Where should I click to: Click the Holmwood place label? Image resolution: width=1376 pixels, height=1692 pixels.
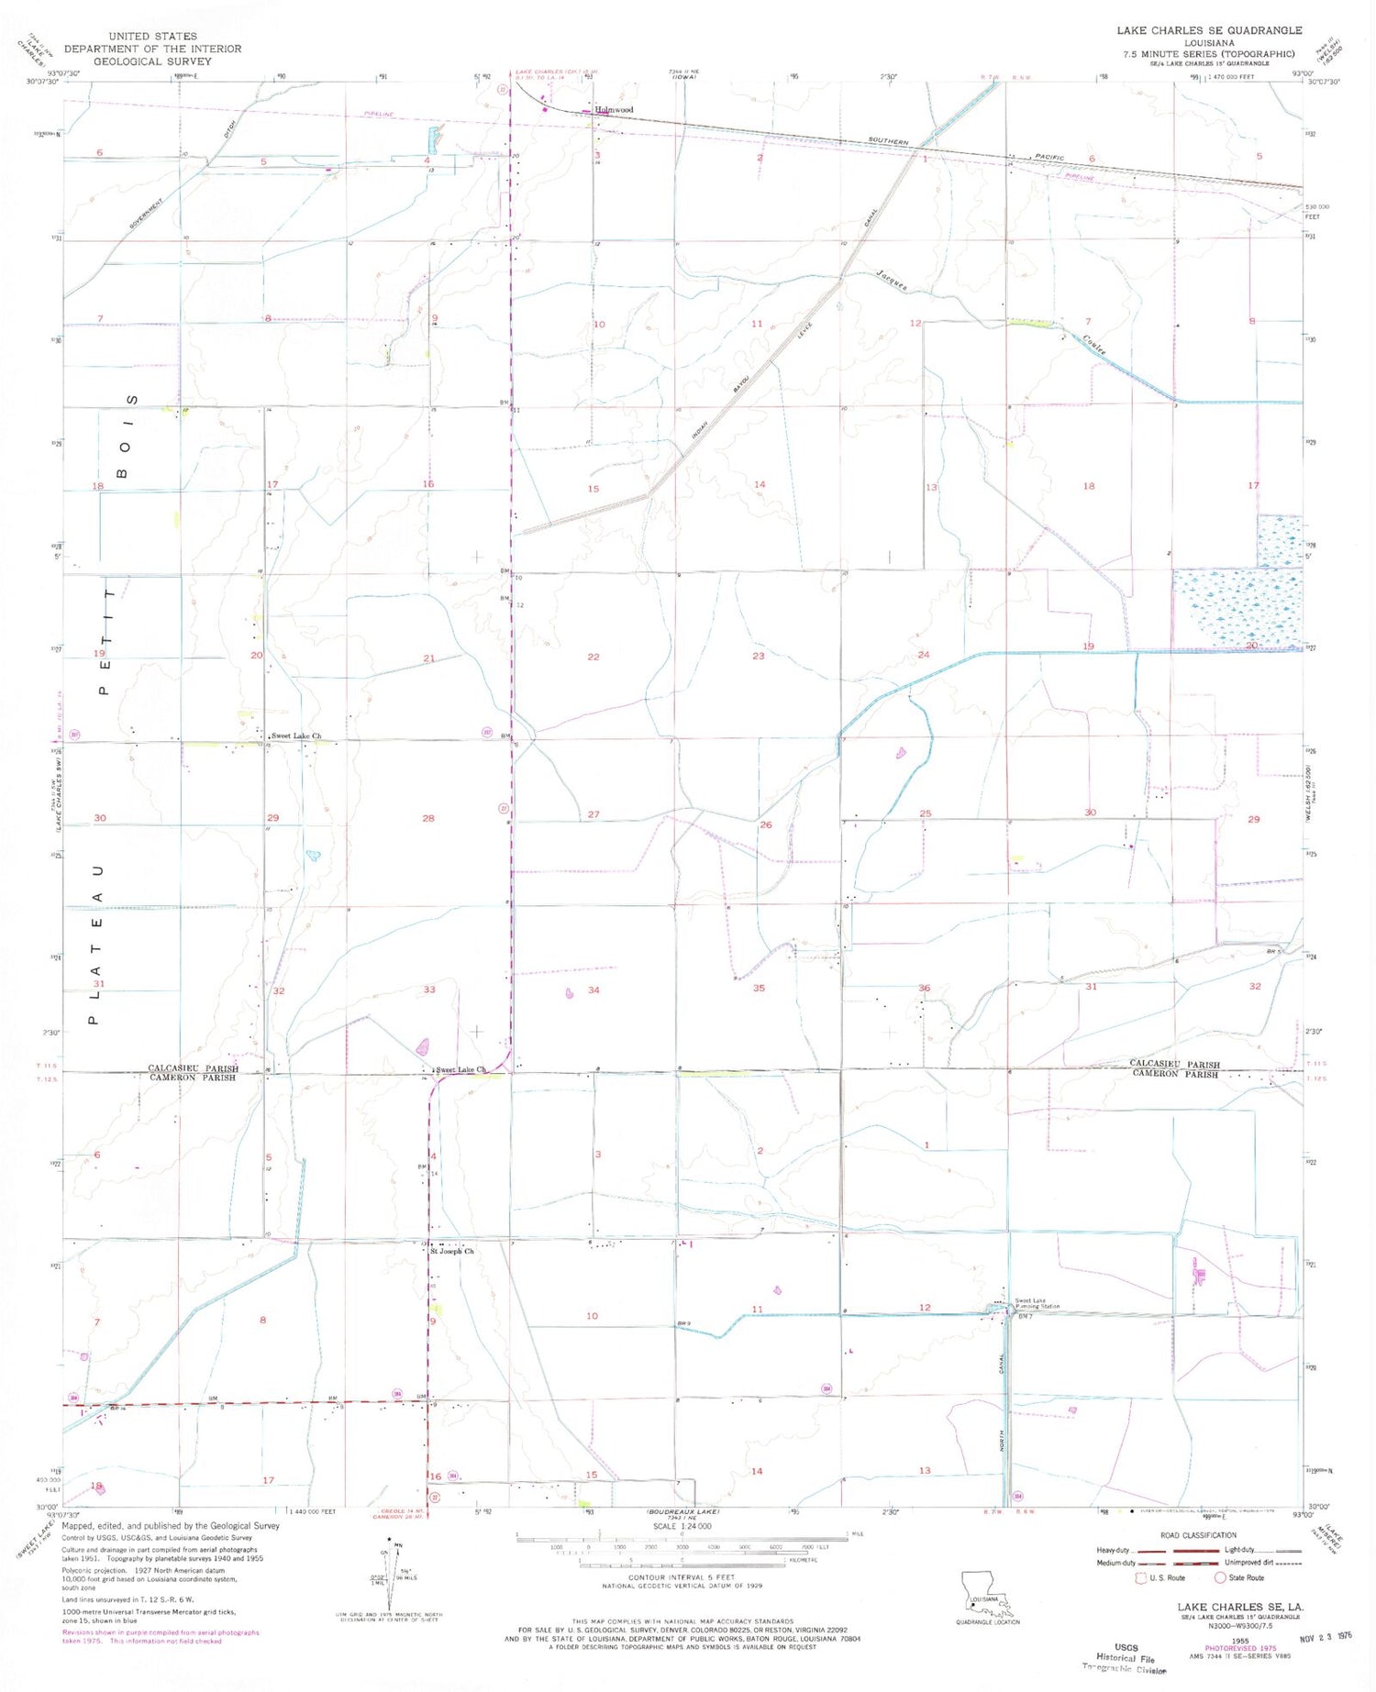click(x=614, y=110)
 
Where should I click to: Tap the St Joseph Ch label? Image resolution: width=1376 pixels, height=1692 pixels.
click(x=453, y=1251)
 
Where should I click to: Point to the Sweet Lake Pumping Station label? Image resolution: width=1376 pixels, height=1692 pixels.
click(x=1037, y=1303)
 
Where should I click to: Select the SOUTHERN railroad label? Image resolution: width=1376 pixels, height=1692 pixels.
click(x=888, y=142)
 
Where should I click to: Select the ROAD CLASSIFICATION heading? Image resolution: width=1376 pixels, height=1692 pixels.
click(x=1198, y=1535)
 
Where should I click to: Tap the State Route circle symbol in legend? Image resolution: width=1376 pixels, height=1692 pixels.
click(x=1220, y=1578)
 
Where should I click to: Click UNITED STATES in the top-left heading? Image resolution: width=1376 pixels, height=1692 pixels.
click(x=152, y=37)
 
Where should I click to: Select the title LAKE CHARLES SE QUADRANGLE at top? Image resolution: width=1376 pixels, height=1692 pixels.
click(x=1208, y=31)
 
